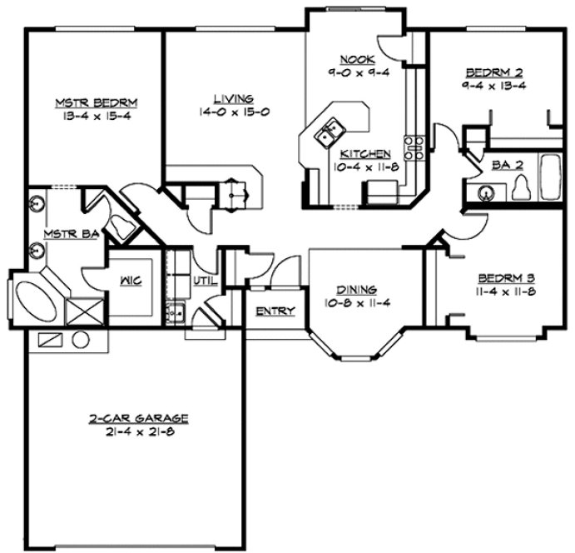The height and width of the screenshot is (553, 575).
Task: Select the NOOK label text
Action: click(x=357, y=58)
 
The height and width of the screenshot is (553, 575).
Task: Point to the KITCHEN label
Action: click(x=366, y=154)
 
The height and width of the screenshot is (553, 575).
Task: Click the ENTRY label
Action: click(x=275, y=311)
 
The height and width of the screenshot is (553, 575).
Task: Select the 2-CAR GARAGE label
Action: click(x=140, y=418)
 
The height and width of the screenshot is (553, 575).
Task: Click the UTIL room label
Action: click(x=204, y=281)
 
